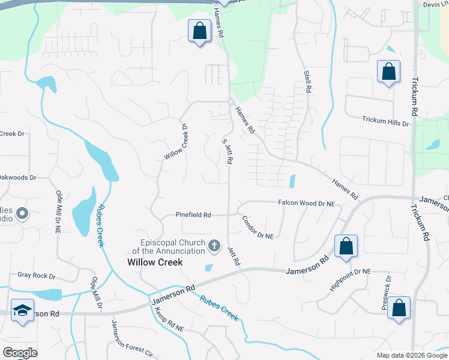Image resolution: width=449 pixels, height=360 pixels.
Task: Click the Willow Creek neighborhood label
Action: pos(154,262)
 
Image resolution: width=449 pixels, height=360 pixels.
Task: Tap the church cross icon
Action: pos(214,245)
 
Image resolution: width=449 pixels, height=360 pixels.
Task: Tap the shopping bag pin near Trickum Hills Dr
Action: pos(389,72)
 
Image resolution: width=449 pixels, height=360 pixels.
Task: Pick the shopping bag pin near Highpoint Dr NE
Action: pos(346,246)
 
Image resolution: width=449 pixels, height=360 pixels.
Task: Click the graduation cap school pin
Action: pos(22,310)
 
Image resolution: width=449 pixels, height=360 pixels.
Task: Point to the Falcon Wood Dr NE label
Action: pos(306,204)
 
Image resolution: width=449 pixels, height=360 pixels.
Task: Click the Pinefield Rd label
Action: pos(193,215)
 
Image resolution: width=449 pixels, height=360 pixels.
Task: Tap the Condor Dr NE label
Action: pos(258,227)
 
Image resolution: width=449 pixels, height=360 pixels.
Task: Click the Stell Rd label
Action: pos(307,82)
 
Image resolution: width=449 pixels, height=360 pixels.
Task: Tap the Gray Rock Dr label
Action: pos(36,276)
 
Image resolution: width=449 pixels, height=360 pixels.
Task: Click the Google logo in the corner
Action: pos(20,353)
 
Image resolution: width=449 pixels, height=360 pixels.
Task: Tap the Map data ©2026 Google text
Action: pos(411,355)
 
